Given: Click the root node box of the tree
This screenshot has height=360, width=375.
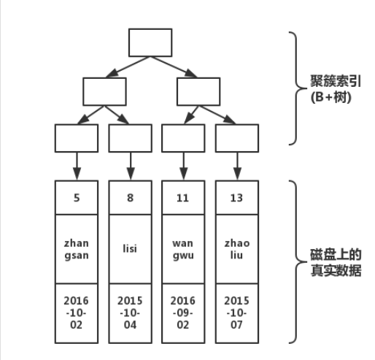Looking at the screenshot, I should coord(150,42).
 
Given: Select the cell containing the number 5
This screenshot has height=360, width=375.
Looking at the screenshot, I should coord(77,198).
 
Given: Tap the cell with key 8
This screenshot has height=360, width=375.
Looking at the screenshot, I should coord(130,198).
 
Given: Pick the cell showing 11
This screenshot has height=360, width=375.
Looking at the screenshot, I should coord(183,198).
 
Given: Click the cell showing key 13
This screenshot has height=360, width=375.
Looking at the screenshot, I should coord(236,198).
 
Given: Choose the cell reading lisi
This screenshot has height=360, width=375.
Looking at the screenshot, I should coord(130,248).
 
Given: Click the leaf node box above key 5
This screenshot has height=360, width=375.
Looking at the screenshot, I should coord(77,138).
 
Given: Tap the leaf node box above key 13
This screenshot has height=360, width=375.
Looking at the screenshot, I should coord(236,138).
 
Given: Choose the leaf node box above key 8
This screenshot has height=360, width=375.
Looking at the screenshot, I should coord(130,138).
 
